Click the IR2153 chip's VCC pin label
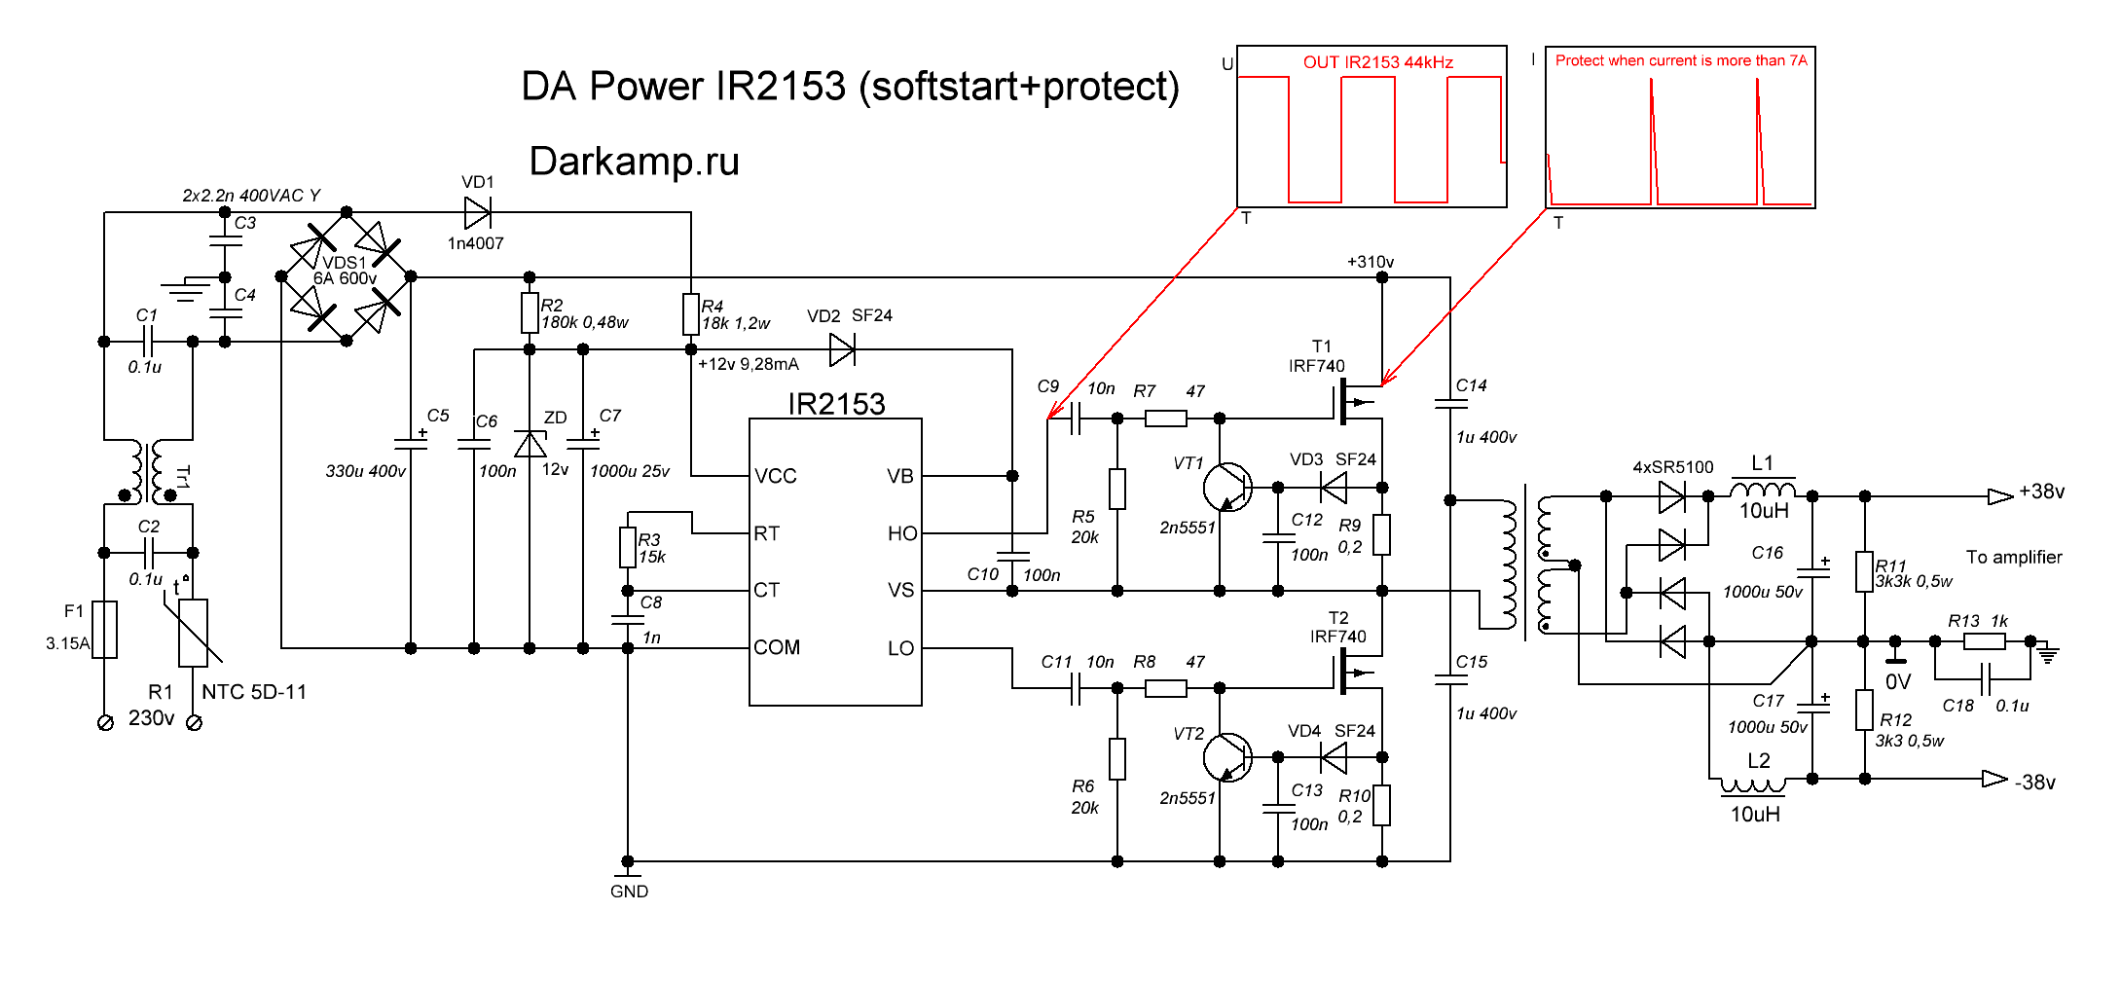(776, 476)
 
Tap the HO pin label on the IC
(901, 533)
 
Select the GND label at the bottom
(629, 892)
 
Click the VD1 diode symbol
(477, 212)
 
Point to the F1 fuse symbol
(105, 630)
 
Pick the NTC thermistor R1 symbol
(193, 633)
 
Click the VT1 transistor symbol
(1226, 487)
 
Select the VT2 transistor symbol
(1226, 757)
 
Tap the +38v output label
(2041, 492)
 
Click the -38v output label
(2034, 783)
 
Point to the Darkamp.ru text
(634, 162)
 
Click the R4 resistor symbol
(691, 314)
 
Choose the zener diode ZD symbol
(530, 445)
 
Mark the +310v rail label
(1371, 262)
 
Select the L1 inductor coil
(1763, 489)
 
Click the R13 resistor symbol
(1984, 641)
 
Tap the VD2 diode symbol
(842, 349)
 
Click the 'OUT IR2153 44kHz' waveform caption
(1377, 62)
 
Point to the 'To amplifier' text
(2014, 558)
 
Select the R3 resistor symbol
(628, 548)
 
